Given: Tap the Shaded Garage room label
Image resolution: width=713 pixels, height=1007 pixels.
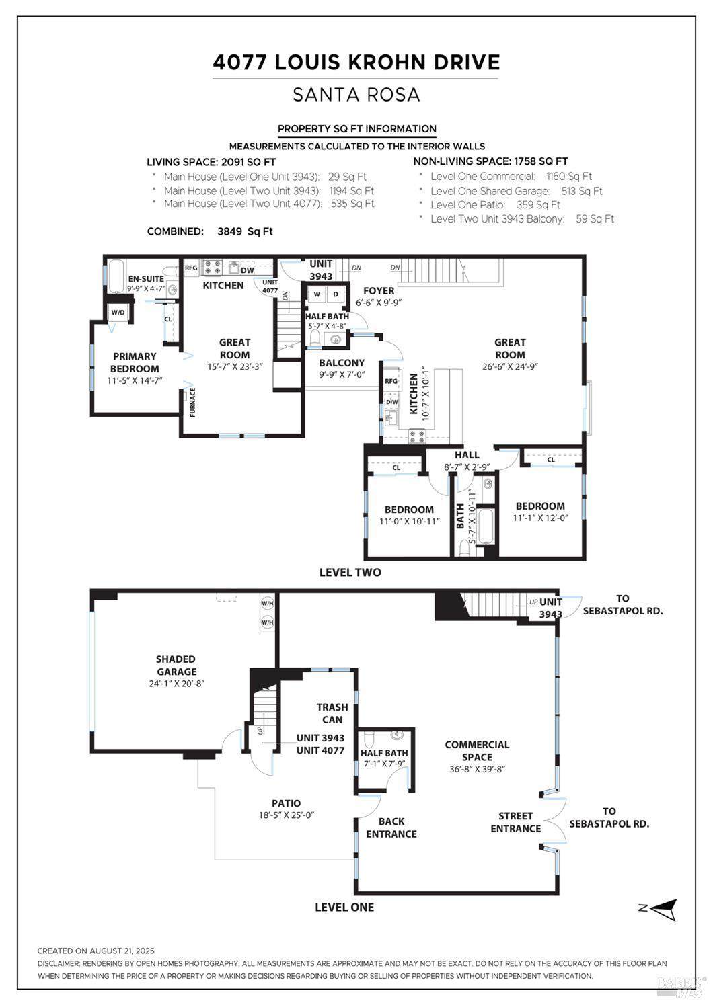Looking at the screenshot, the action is pyautogui.click(x=176, y=666).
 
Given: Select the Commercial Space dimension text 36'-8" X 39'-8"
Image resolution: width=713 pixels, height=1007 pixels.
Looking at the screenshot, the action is pyautogui.click(x=478, y=769).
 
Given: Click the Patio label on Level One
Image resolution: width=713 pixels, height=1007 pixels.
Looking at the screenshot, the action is pyautogui.click(x=286, y=803).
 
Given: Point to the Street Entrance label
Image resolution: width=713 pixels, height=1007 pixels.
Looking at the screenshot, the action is pyautogui.click(x=515, y=822).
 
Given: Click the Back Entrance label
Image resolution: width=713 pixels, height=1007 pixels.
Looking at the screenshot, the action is pyautogui.click(x=391, y=828).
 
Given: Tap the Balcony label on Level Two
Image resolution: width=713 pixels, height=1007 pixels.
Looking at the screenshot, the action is pyautogui.click(x=342, y=363).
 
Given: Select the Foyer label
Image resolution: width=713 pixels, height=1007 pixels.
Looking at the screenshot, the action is pyautogui.click(x=379, y=291).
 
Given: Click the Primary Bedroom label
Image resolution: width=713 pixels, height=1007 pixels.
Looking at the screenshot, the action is pyautogui.click(x=135, y=362).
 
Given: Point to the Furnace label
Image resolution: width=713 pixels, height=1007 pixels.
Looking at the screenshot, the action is pyautogui.click(x=192, y=403).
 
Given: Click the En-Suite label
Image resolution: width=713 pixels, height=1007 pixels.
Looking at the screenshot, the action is pyautogui.click(x=146, y=279).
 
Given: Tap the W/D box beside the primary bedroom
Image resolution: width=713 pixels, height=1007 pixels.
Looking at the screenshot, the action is pyautogui.click(x=118, y=312).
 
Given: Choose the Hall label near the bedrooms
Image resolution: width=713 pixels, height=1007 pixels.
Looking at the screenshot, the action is pyautogui.click(x=467, y=455).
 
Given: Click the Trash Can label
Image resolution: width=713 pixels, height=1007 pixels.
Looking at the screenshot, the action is pyautogui.click(x=332, y=713).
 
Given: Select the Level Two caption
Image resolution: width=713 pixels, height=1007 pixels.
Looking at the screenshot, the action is pyautogui.click(x=350, y=572).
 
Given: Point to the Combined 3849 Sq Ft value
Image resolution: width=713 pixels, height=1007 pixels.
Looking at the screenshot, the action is pyautogui.click(x=245, y=231).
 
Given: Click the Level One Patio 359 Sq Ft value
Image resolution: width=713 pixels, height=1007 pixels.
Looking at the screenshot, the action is pyautogui.click(x=538, y=205).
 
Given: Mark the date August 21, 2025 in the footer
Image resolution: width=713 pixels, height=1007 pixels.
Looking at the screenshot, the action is pyautogui.click(x=122, y=951).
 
